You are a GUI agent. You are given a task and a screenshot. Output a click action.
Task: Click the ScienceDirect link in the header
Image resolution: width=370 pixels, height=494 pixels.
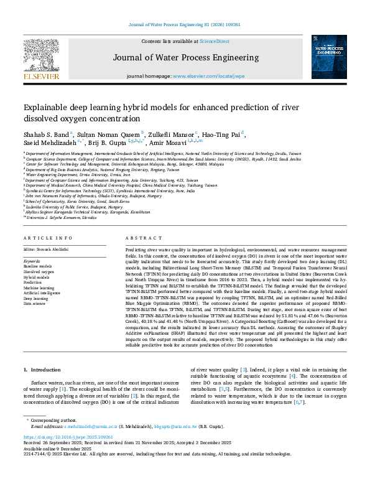point(215,41)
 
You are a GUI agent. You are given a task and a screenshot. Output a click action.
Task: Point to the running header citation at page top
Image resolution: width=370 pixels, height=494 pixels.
point(185,24)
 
